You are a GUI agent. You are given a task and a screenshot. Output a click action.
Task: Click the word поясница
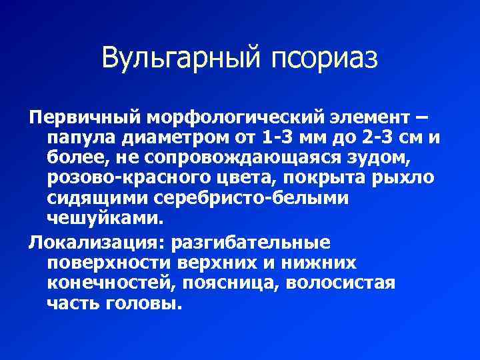click(x=231, y=282)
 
